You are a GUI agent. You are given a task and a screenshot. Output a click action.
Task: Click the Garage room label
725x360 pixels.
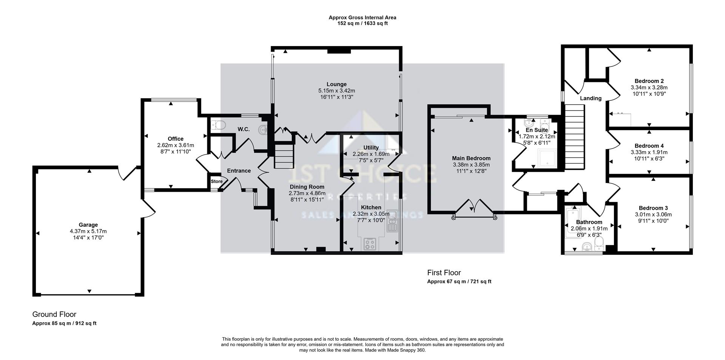(x=88, y=225)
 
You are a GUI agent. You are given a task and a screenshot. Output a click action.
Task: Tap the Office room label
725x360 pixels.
(x=175, y=139)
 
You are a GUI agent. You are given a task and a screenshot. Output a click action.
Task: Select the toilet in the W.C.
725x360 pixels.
(x=219, y=125)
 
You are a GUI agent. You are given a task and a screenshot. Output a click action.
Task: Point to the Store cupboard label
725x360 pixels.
(x=217, y=182)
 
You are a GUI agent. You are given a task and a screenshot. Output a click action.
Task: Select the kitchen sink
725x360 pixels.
(x=393, y=221)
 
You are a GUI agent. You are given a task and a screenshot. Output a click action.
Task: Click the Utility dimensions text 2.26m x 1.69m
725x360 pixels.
(x=371, y=154)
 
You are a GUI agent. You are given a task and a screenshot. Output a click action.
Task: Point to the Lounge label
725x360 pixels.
(x=336, y=84)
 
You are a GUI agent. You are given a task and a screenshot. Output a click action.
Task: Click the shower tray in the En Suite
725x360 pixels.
(x=547, y=158)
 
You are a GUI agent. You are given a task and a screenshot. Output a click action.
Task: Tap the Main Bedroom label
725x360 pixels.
(x=471, y=158)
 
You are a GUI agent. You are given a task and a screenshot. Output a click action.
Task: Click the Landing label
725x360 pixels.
(x=591, y=98)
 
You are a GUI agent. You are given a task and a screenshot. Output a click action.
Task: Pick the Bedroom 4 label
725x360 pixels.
(x=649, y=146)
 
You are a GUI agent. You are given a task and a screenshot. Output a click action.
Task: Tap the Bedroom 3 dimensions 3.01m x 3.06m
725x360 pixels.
(x=653, y=214)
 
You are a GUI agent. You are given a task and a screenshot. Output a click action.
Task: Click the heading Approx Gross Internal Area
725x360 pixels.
(x=362, y=17)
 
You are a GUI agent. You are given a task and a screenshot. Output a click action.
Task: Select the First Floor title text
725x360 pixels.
(x=444, y=272)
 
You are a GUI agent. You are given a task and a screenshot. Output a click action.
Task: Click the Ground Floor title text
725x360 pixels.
(x=54, y=314)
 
